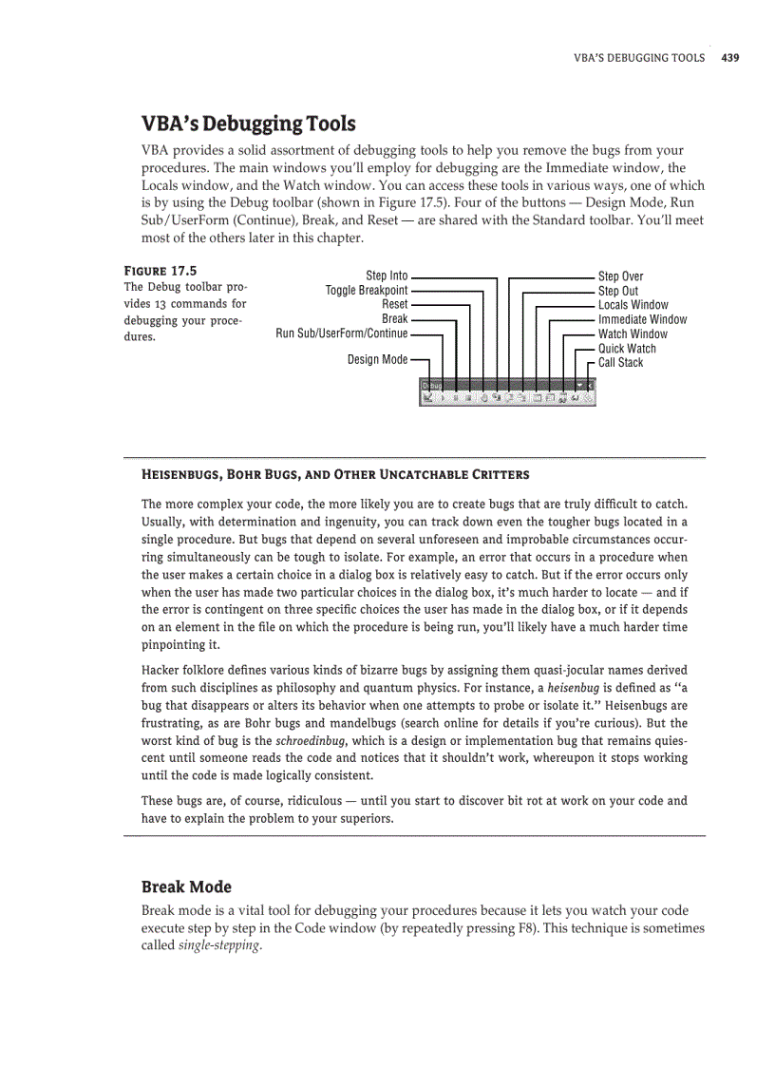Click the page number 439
pyautogui.click(x=729, y=58)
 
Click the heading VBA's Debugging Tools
pyautogui.click(x=248, y=124)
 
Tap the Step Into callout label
pyautogui.click(x=387, y=276)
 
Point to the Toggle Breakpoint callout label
pyautogui.click(x=367, y=290)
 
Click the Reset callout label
pyautogui.click(x=394, y=304)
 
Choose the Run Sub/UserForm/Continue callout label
pyautogui.click(x=342, y=333)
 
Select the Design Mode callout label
pyautogui.click(x=377, y=359)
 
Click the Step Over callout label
pyautogui.click(x=620, y=276)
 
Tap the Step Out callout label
pyautogui.click(x=617, y=291)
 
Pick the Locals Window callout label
pyautogui.click(x=633, y=305)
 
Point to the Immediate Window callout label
pyautogui.click(x=642, y=319)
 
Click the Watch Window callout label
pyautogui.click(x=633, y=333)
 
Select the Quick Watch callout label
pyautogui.click(x=627, y=349)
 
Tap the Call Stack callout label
pyautogui.click(x=620, y=362)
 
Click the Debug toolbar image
pyautogui.click(x=507, y=392)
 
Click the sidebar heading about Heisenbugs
pyautogui.click(x=335, y=474)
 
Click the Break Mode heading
pyautogui.click(x=186, y=886)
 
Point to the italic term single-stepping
pyautogui.click(x=218, y=946)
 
